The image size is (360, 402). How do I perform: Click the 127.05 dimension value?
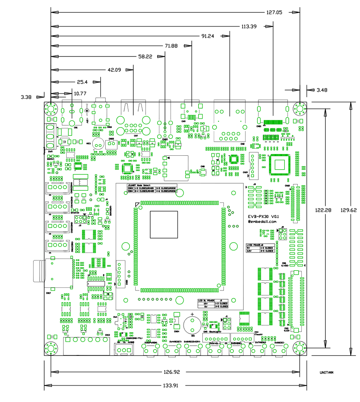(274, 13)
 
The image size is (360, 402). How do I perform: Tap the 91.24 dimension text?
(208, 36)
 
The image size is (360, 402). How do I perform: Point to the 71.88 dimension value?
(171, 46)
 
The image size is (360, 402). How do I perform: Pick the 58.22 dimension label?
(145, 56)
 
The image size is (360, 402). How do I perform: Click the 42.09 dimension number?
(115, 70)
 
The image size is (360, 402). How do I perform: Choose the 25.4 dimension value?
(82, 82)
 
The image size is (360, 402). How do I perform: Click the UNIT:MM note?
(327, 372)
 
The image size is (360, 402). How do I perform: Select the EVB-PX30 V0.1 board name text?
(264, 216)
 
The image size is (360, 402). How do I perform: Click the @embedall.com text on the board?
(263, 221)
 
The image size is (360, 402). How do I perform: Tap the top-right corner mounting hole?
(299, 109)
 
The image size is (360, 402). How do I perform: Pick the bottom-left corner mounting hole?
(50, 348)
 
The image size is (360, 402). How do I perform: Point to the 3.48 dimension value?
(321, 90)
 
